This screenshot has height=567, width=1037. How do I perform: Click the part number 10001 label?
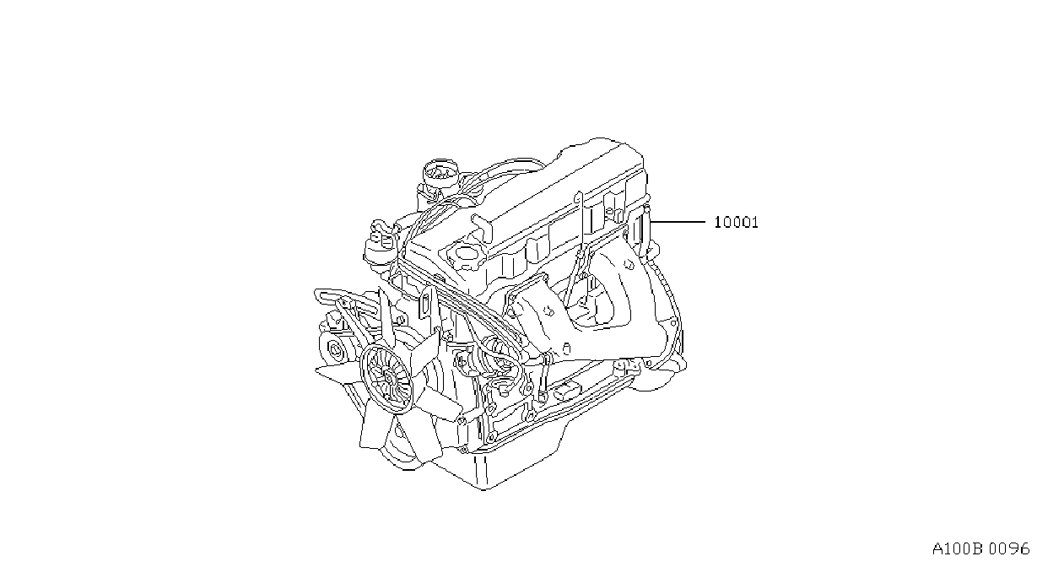tap(736, 223)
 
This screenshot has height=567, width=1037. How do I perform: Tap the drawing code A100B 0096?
tap(980, 549)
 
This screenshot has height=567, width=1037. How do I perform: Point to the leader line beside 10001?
tap(678, 222)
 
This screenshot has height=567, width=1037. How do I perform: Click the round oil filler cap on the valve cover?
tap(463, 254)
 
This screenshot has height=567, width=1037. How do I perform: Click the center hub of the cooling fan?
tap(388, 380)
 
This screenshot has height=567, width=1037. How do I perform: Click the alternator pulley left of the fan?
tap(334, 351)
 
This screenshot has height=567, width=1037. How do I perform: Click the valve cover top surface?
tap(532, 194)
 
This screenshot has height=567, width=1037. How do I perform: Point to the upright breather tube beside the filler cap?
tap(482, 228)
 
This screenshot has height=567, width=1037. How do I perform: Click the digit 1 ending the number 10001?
tap(754, 223)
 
